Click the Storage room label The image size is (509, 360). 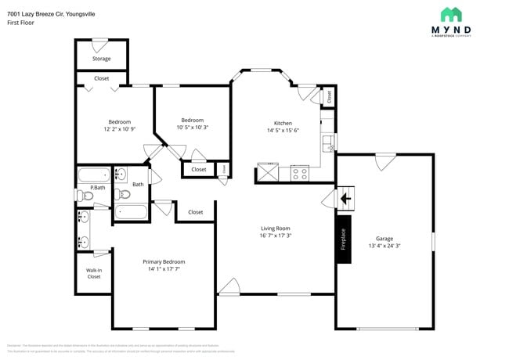pos(101,59)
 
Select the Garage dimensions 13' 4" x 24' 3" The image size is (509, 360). pos(384,246)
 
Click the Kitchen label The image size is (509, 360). pos(283,123)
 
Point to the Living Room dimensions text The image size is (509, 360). pos(276,235)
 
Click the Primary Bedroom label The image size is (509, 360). pos(164,261)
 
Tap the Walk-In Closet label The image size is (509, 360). pos(94,273)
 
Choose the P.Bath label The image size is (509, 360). pos(97,188)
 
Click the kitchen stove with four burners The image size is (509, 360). pos(299,173)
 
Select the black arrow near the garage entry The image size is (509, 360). pos(345,199)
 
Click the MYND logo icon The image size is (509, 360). pos(451,14)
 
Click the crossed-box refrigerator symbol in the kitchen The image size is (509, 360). pos(268,172)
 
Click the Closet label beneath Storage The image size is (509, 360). pos(101,78)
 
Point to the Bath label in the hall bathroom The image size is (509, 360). pos(137,184)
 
